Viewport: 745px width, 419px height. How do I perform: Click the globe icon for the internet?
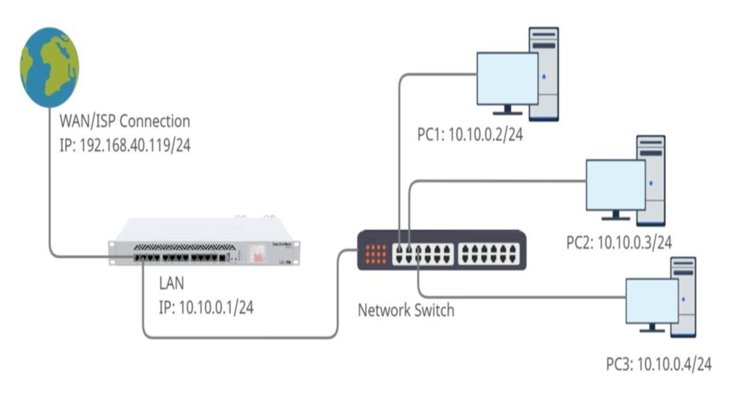click(x=49, y=67)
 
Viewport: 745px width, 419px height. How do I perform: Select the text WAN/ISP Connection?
click(x=125, y=122)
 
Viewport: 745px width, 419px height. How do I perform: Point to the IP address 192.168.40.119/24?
click(x=125, y=145)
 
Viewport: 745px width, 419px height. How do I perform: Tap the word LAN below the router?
click(x=171, y=284)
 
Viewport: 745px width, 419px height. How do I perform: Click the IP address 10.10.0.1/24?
click(x=206, y=307)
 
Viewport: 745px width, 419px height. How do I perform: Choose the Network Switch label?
click(x=406, y=310)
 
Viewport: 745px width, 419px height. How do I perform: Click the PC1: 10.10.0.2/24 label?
click(x=470, y=136)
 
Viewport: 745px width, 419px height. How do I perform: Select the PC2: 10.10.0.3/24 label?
click(x=619, y=242)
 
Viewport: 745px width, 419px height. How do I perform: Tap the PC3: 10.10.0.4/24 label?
click(x=659, y=365)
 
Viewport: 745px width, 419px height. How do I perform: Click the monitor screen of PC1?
click(x=507, y=79)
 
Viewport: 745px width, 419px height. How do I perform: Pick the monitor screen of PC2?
click(x=615, y=185)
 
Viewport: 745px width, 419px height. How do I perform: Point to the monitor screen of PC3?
click(x=652, y=301)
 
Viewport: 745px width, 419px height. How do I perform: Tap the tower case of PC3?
click(x=684, y=297)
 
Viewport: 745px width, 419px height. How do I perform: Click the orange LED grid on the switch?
click(x=376, y=254)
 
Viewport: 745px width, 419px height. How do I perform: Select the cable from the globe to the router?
click(x=50, y=186)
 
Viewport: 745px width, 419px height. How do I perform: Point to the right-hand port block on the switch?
click(x=488, y=254)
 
